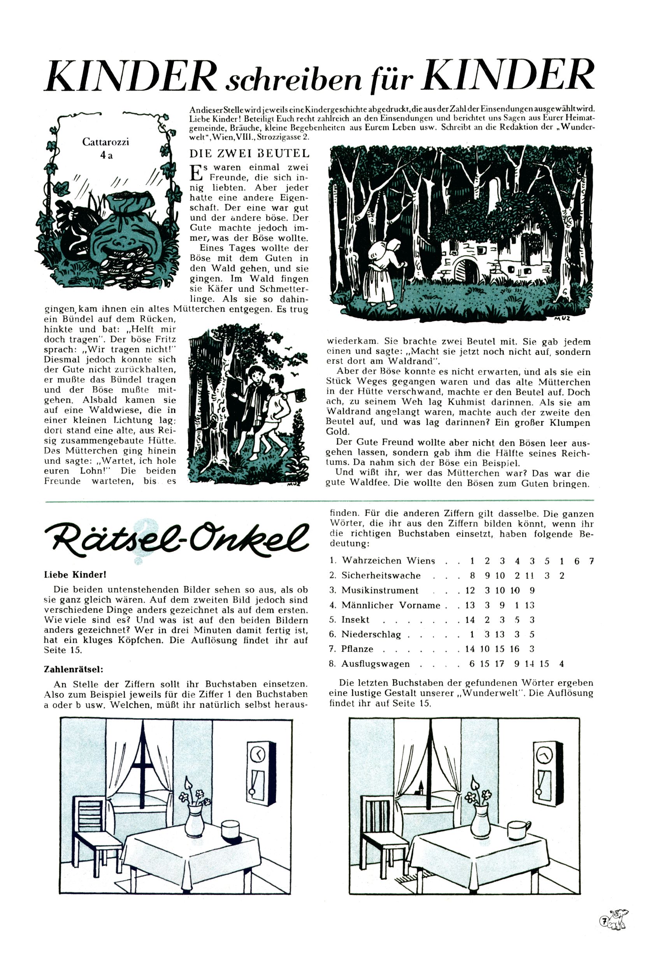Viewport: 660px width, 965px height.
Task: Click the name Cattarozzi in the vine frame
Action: click(x=105, y=142)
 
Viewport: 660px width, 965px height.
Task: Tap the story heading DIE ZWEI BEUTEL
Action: click(x=249, y=154)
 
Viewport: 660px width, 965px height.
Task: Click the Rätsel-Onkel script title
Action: click(x=176, y=537)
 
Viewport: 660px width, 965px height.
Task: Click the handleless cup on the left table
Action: click(x=230, y=816)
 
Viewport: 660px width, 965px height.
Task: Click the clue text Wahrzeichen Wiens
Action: click(x=388, y=561)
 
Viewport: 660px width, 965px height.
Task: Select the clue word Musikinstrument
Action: click(x=380, y=590)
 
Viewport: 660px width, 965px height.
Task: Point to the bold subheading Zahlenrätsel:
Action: click(x=74, y=669)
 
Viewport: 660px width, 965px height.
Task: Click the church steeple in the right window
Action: click(x=422, y=786)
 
